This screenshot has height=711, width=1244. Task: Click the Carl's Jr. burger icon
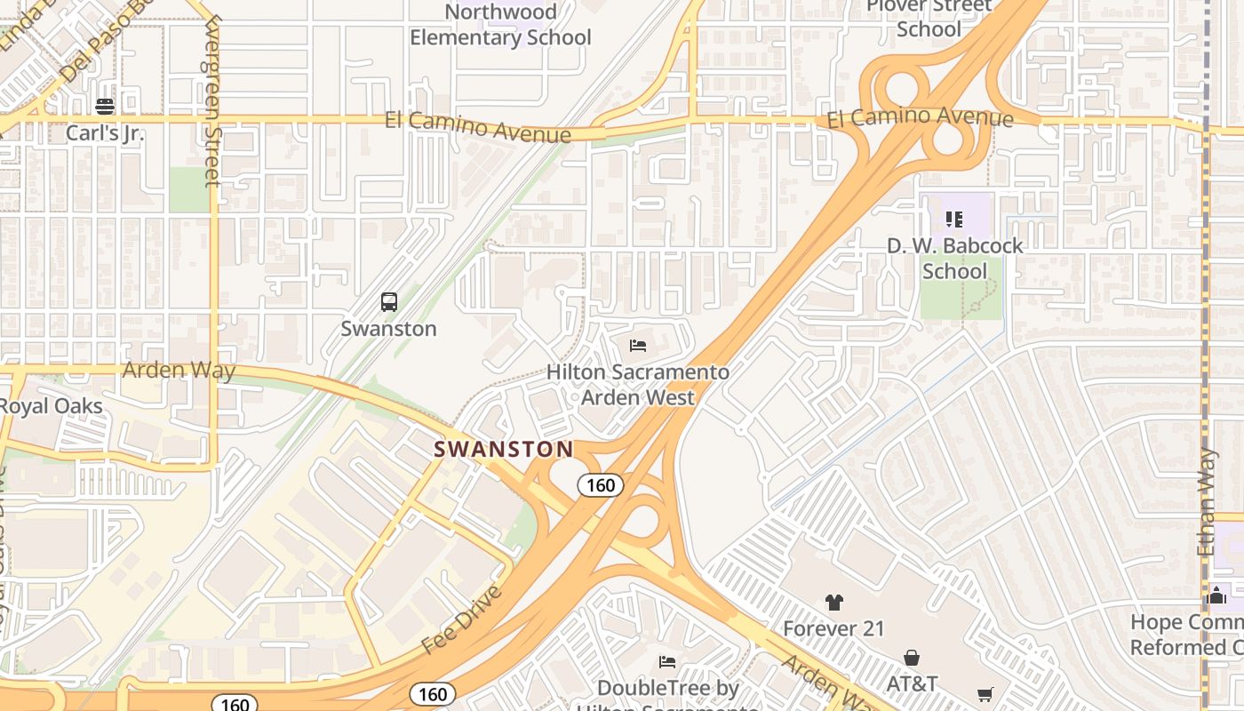[105, 107]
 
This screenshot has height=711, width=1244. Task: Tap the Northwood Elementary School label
[500, 25]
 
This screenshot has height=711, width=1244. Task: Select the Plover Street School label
[929, 18]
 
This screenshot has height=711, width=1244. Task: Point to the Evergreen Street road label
[211, 102]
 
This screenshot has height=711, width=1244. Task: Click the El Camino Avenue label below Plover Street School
[920, 117]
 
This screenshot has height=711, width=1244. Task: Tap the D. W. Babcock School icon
[954, 219]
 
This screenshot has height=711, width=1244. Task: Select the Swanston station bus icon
[389, 302]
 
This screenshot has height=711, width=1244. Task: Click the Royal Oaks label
[51, 406]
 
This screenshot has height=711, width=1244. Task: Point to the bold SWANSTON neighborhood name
[504, 449]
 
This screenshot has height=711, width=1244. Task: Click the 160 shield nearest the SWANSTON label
[601, 485]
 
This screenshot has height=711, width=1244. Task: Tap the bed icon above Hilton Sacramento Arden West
[637, 346]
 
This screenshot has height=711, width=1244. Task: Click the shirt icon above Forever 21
[833, 603]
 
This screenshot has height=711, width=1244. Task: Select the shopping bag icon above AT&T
[912, 658]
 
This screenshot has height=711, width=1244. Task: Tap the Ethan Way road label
[1206, 502]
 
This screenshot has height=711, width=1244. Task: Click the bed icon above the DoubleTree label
[666, 662]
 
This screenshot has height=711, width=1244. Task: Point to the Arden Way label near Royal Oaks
[179, 370]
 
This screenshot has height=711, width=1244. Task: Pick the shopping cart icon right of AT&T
[985, 694]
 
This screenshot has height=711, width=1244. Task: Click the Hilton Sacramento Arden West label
[637, 384]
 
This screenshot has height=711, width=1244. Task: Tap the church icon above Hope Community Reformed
[1216, 595]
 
